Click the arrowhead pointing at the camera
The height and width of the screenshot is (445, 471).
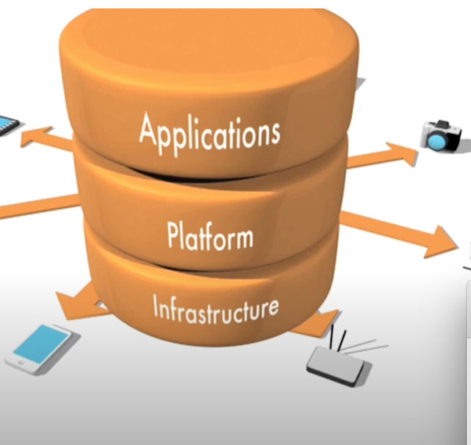[x=404, y=154]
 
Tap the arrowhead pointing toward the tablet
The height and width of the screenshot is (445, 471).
[x=31, y=136]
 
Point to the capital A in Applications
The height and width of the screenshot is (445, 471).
[x=147, y=129]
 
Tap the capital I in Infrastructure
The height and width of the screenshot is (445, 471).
[x=156, y=309]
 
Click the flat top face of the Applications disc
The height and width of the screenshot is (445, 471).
[x=209, y=43]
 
